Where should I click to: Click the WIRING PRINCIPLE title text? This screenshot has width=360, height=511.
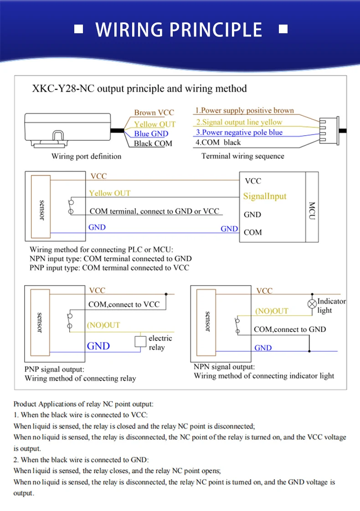179,30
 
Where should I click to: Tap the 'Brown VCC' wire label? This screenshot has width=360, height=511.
154,112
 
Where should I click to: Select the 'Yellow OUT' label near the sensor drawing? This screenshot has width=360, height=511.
154,124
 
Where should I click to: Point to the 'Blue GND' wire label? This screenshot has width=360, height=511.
151,134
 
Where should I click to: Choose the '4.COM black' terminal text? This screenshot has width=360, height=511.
218,143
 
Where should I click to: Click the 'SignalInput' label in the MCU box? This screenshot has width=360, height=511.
265,196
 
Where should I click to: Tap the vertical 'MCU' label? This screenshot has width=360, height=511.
312,211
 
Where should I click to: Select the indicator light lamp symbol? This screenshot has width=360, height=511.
312,303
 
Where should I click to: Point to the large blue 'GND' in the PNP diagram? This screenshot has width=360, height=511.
98,346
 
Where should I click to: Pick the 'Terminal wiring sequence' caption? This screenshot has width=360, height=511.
242,156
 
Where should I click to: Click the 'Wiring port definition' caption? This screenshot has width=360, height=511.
86,156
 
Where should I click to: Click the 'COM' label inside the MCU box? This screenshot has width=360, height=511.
253,232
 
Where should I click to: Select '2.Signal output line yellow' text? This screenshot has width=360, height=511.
239,122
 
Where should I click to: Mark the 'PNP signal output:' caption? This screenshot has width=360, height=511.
54,369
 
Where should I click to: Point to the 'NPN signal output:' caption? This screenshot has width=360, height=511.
224,367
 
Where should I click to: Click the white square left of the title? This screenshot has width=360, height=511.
78,29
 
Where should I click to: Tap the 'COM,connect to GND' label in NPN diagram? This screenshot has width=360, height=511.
290,329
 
